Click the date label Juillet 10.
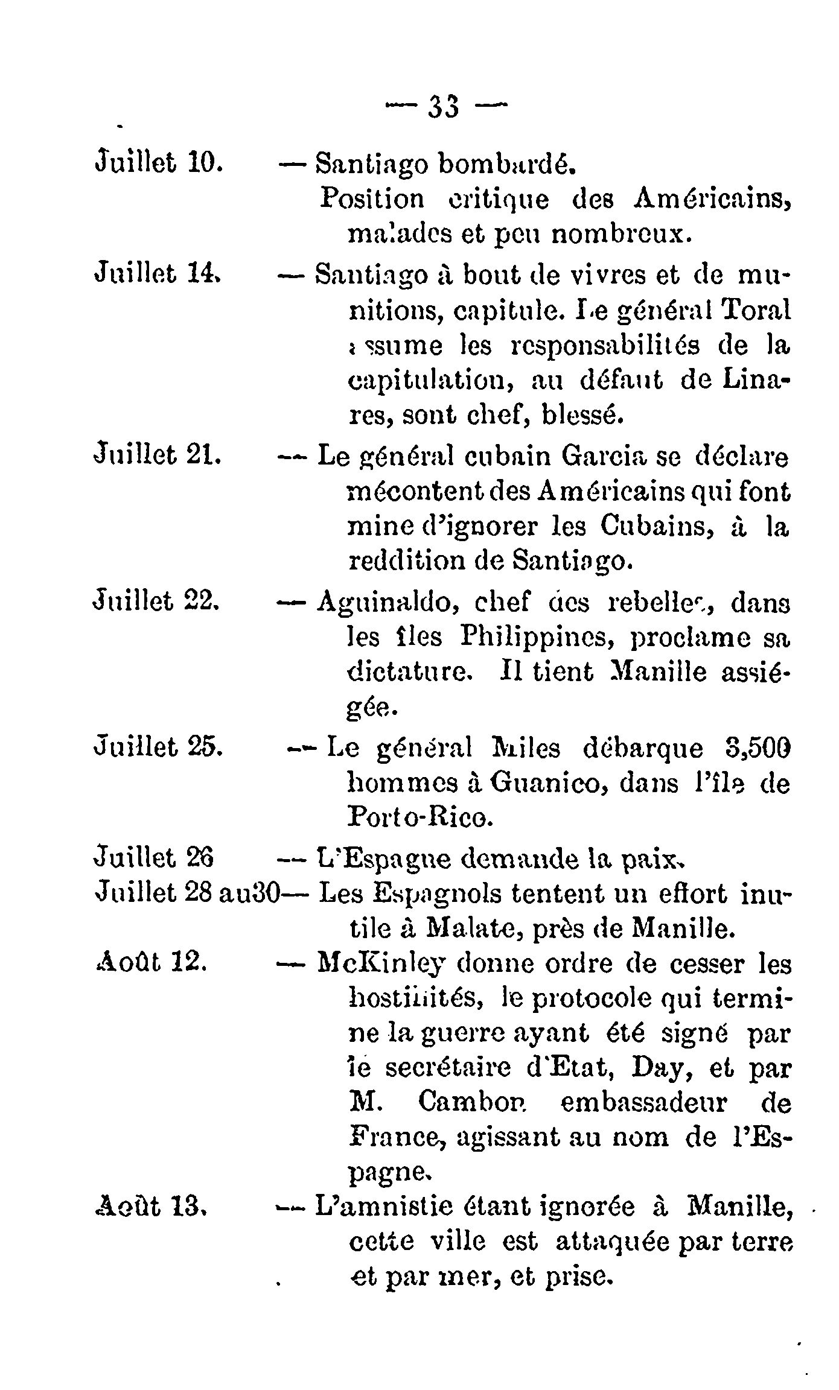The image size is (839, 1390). click(x=160, y=163)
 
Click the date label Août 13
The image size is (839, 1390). click(x=152, y=1207)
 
